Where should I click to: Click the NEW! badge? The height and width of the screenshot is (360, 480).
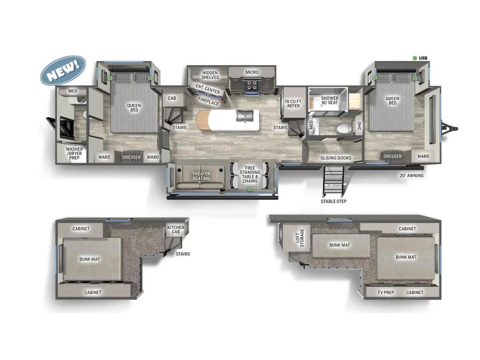(63, 70)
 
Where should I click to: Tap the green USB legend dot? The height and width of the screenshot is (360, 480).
(415, 58)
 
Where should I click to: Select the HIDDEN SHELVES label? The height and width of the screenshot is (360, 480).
(210, 75)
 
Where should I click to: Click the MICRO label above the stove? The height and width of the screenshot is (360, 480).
(252, 72)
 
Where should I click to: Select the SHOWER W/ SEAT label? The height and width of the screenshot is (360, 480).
(330, 101)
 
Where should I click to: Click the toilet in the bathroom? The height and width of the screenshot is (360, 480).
(344, 128)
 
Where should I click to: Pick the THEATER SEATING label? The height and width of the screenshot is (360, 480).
(201, 176)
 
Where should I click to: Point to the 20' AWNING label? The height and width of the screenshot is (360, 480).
(411, 176)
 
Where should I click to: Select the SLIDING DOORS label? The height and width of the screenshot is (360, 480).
(336, 158)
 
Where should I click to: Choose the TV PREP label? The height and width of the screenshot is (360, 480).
(386, 292)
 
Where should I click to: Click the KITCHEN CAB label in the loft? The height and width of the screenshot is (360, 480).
(176, 230)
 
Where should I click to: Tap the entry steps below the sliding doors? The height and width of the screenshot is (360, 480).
(334, 182)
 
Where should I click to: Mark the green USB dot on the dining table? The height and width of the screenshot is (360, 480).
(250, 189)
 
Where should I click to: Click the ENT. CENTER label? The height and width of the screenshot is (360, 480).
(208, 89)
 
